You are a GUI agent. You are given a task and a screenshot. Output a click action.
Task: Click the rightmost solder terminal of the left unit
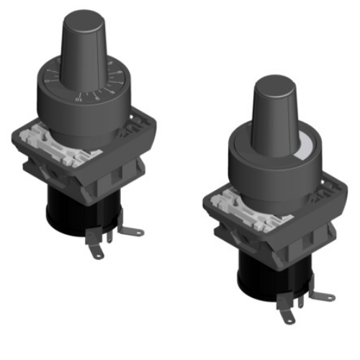coord(133,232)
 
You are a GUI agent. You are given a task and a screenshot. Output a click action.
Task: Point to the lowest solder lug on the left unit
coord(96,251)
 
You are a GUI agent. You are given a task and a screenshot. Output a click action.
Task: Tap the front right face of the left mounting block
coord(126,173)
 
